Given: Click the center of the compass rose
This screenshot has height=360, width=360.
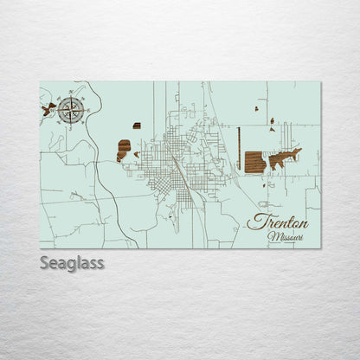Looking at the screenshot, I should [x=72, y=108].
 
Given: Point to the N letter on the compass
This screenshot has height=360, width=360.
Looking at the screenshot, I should [x=72, y=94].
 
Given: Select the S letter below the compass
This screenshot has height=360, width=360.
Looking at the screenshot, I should [x=72, y=123].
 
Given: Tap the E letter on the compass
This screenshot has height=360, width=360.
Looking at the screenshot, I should [x=86, y=108].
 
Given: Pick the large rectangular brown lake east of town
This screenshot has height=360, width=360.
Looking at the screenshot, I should [x=254, y=162].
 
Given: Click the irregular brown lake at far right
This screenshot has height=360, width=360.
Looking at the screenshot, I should [x=285, y=158].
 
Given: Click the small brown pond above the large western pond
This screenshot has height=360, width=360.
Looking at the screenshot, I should [x=136, y=125].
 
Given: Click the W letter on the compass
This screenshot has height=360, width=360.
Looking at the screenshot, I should [x=58, y=108].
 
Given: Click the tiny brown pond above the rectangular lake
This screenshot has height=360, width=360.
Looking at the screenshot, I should [x=271, y=121].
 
